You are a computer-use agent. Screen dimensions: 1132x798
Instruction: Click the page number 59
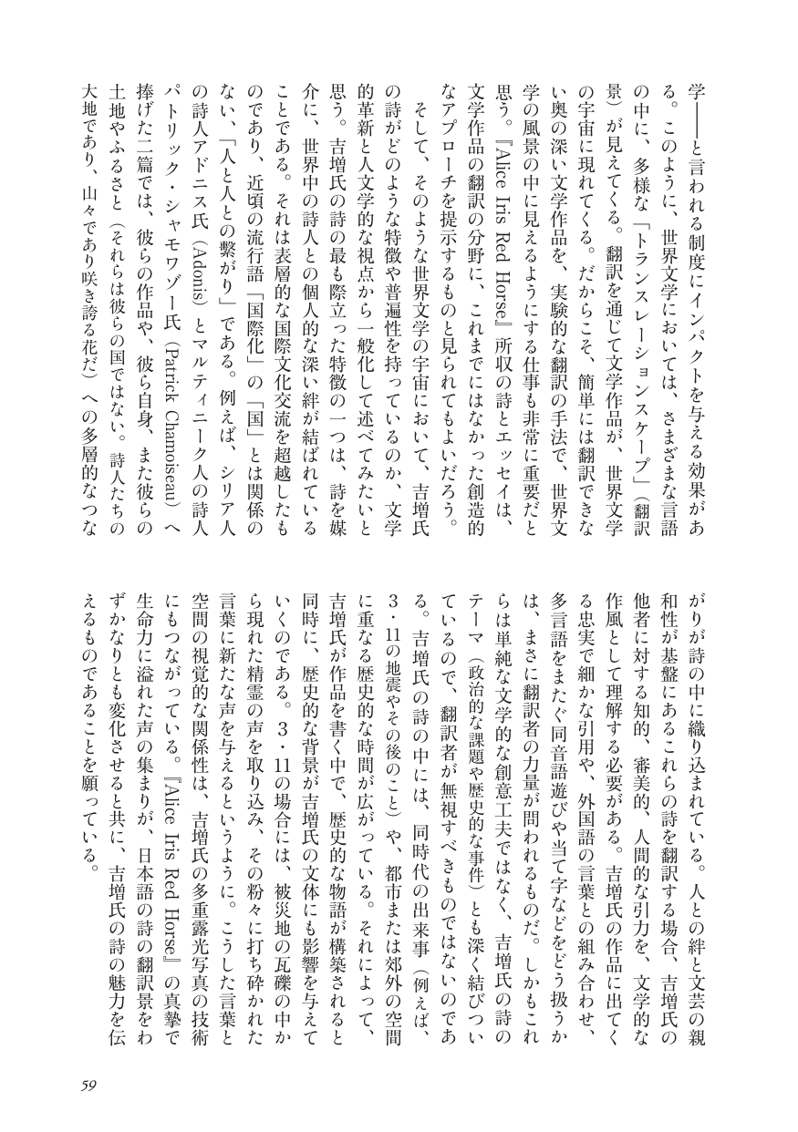88,1084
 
